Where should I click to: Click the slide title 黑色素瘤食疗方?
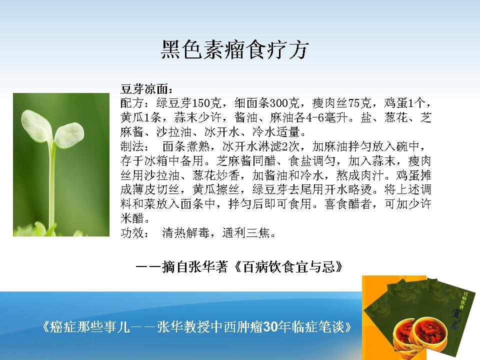coord(235,49)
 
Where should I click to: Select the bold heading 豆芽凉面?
coord(144,88)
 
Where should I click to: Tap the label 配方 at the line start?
coord(132,103)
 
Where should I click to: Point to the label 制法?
coord(132,146)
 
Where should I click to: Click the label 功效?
coord(132,233)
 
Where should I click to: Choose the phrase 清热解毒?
coord(185,233)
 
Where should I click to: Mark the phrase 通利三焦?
coord(245,233)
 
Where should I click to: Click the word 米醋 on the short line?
coord(132,218)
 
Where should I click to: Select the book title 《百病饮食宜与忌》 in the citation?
coord(288,267)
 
